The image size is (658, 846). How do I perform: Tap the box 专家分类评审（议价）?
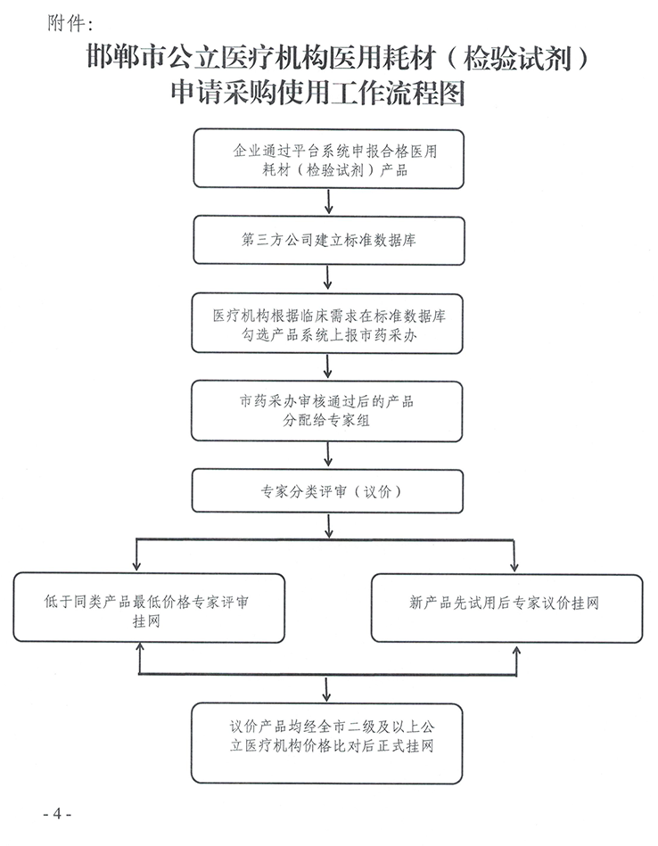pyautogui.click(x=329, y=491)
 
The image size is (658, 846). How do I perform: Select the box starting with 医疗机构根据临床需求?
pyautogui.click(x=329, y=325)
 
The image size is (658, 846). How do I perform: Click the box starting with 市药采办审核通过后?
pyautogui.click(x=329, y=411)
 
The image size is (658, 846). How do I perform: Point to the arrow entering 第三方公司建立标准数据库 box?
pyautogui.click(x=329, y=206)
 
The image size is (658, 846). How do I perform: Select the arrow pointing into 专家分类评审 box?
pyautogui.click(x=329, y=459)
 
